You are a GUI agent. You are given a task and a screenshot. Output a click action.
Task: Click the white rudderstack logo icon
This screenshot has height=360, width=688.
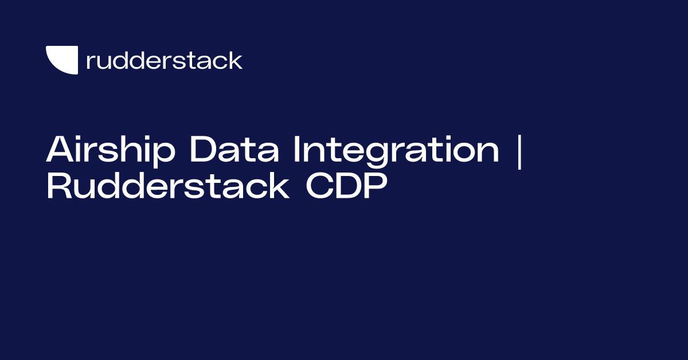[62, 60]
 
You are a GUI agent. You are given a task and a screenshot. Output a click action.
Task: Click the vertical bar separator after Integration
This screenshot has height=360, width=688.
[519, 152]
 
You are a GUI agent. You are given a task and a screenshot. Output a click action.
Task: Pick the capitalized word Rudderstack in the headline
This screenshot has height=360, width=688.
[167, 187]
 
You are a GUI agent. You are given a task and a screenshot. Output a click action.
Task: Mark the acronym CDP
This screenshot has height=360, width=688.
[343, 187]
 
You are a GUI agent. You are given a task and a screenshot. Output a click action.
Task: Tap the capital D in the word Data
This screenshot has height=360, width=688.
[202, 151]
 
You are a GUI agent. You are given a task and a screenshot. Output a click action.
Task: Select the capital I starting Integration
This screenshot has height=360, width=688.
[297, 151]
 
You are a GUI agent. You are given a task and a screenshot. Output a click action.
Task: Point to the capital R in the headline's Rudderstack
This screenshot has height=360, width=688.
[57, 187]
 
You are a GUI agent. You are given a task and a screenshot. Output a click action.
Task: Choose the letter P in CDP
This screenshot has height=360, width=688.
[371, 187]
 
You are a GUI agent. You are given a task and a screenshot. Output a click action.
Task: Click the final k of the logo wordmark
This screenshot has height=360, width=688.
[236, 60]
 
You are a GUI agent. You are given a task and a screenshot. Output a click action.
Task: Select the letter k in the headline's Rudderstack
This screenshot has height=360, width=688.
[279, 186]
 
